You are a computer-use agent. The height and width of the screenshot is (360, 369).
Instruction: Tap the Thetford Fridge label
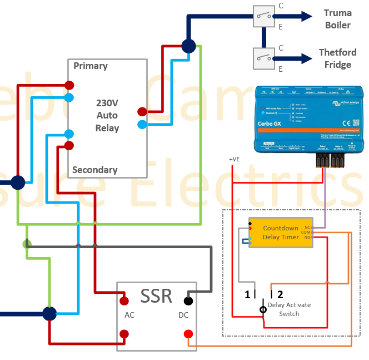[338, 58]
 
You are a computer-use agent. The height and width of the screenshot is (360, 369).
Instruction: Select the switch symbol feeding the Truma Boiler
[264, 16]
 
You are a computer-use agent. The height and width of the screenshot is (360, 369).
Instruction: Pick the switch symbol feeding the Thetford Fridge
[264, 58]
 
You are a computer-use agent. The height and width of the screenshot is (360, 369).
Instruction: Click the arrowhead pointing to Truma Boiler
[307, 17]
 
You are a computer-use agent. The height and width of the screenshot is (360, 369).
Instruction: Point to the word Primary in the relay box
[91, 66]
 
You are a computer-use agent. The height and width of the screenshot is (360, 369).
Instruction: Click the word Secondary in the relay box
[94, 170]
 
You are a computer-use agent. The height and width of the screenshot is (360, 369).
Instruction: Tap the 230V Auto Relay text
[107, 115]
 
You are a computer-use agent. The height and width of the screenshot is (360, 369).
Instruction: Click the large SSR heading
[156, 296]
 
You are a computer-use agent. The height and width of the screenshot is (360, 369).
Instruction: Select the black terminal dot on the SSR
[188, 301]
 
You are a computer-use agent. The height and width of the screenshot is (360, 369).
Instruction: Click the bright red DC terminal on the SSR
[188, 334]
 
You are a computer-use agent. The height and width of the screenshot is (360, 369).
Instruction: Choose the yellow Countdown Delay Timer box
[281, 233]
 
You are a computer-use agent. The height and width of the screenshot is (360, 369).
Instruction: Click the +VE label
[235, 159]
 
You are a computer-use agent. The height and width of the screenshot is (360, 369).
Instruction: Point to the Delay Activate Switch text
[289, 309]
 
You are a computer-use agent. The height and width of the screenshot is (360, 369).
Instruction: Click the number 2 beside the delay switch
[280, 295]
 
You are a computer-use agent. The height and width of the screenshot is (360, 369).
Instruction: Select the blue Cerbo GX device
[308, 120]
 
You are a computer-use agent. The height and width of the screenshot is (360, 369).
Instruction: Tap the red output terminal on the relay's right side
[142, 111]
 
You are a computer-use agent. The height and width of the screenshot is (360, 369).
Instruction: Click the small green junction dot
[26, 244]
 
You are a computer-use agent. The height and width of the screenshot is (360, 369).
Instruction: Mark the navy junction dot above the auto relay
[188, 46]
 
